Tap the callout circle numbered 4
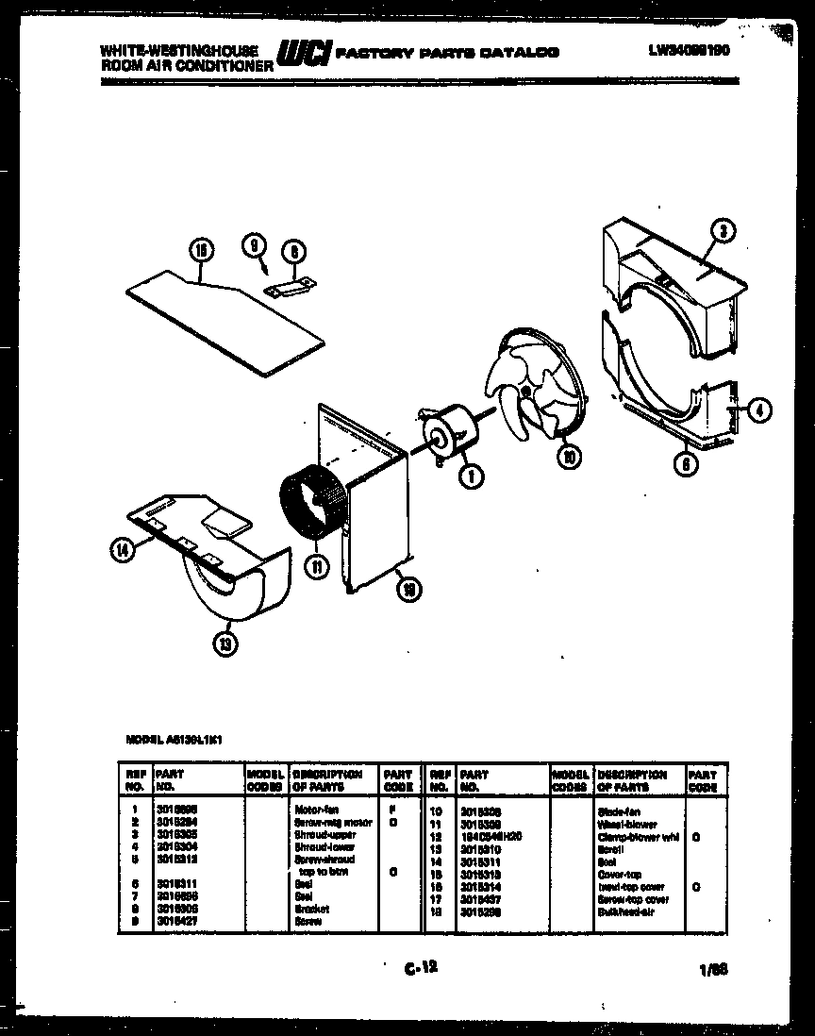tap(761, 409)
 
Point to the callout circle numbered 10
tap(569, 457)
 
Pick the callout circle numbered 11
tap(318, 566)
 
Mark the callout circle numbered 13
tap(225, 643)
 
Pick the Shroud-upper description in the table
tap(318, 834)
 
